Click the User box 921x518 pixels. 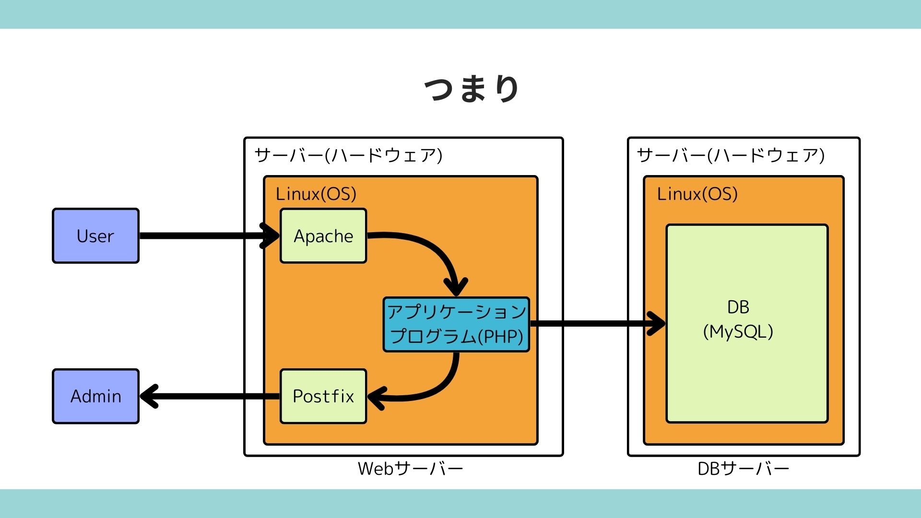(x=95, y=235)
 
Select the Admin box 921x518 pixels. (x=95, y=396)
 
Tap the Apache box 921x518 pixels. (x=323, y=235)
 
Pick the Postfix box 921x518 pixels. (x=323, y=396)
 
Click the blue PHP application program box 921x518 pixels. (x=456, y=325)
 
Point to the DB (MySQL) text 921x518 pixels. (x=738, y=319)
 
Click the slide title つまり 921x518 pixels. (x=472, y=89)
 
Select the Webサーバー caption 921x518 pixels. (x=410, y=469)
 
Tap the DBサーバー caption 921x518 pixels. (x=743, y=469)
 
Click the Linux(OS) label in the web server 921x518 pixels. (x=316, y=194)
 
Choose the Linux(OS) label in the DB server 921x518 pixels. (x=697, y=194)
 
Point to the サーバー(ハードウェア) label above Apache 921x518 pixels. (x=348, y=155)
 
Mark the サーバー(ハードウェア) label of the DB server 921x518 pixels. (x=731, y=155)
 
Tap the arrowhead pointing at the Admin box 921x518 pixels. (x=149, y=396)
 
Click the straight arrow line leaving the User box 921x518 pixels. (x=201, y=235)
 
